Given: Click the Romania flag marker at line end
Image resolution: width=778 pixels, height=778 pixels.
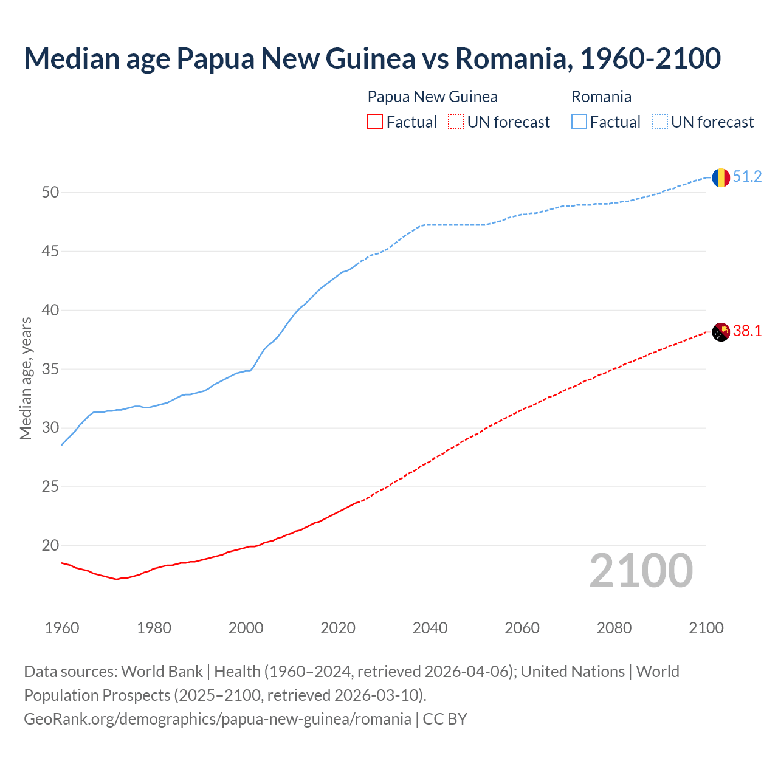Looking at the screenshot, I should point(720,177).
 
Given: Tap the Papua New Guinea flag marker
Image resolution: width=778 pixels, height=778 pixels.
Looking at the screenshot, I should point(720,332).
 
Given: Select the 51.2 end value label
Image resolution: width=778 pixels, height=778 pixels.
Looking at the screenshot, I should point(747,177).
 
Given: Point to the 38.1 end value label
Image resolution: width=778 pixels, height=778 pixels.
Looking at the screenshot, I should point(747,331).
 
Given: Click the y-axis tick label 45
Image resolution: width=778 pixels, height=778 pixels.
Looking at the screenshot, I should point(50,251).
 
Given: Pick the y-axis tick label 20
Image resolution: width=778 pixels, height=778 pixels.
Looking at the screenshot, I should point(50,545).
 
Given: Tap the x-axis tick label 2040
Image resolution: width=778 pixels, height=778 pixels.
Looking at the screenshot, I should point(430,628).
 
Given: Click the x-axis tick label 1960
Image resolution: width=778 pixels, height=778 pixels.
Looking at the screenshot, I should point(62,628).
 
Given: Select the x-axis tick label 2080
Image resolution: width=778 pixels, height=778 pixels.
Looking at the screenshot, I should point(614,628).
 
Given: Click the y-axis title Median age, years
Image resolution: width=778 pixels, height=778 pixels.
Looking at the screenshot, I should point(26,378).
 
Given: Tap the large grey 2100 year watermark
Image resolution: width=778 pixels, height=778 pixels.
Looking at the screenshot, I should point(641,571).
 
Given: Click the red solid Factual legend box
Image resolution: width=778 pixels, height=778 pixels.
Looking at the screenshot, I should point(375,122).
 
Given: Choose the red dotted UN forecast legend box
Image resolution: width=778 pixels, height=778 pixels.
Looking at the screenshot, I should point(456,122).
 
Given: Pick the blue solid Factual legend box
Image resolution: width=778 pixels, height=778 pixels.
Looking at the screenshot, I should point(579,122).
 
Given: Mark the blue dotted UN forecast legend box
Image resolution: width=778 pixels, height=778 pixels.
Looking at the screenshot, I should point(659,122).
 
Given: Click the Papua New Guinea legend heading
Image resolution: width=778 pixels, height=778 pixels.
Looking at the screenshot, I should point(432,97).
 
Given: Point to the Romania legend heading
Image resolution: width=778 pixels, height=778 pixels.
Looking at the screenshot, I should point(601,97).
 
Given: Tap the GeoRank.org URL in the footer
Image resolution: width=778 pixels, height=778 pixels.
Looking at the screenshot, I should point(218,719).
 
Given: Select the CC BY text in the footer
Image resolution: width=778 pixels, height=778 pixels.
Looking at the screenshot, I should point(445,719).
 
